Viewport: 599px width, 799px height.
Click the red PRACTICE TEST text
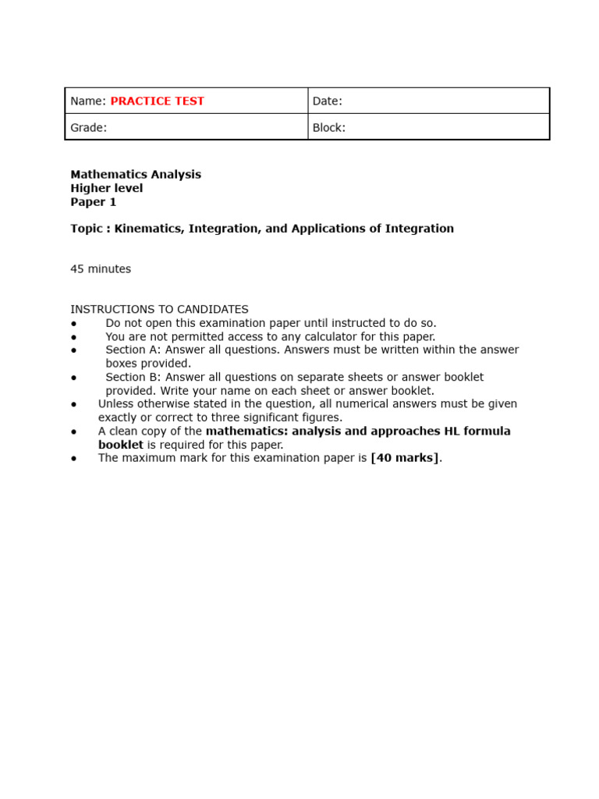[157, 101]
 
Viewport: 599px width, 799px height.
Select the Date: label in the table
[327, 101]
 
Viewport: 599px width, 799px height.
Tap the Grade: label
[88, 127]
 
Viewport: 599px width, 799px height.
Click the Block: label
[328, 127]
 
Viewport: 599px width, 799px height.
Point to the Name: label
[88, 101]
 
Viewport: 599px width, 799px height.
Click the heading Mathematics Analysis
[136, 175]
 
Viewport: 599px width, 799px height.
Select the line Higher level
[107, 188]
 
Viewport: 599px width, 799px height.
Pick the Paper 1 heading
[94, 202]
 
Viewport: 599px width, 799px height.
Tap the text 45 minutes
[101, 269]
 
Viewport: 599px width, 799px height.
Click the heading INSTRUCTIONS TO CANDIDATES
[159, 310]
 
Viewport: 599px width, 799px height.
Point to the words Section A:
[133, 350]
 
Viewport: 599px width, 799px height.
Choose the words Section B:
[133, 377]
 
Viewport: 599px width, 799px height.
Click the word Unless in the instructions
[115, 404]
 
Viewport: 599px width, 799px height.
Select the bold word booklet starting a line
[121, 445]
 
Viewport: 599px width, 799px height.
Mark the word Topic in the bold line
[86, 229]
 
